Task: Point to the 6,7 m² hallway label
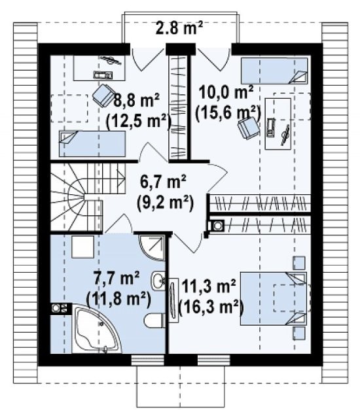(x=163, y=182)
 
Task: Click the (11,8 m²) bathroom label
(x=118, y=299)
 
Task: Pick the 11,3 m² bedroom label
(x=209, y=286)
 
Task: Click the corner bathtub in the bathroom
(x=96, y=329)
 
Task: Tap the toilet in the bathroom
(x=154, y=320)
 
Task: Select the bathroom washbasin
(x=158, y=281)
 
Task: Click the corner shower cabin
(x=153, y=248)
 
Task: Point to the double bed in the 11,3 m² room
(x=274, y=299)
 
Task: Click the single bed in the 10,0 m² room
(x=274, y=71)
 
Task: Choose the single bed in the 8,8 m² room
(x=92, y=144)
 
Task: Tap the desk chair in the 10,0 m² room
(x=248, y=128)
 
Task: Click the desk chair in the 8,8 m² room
(x=103, y=95)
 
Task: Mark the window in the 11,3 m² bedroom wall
(x=214, y=360)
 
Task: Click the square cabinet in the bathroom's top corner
(x=82, y=247)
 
